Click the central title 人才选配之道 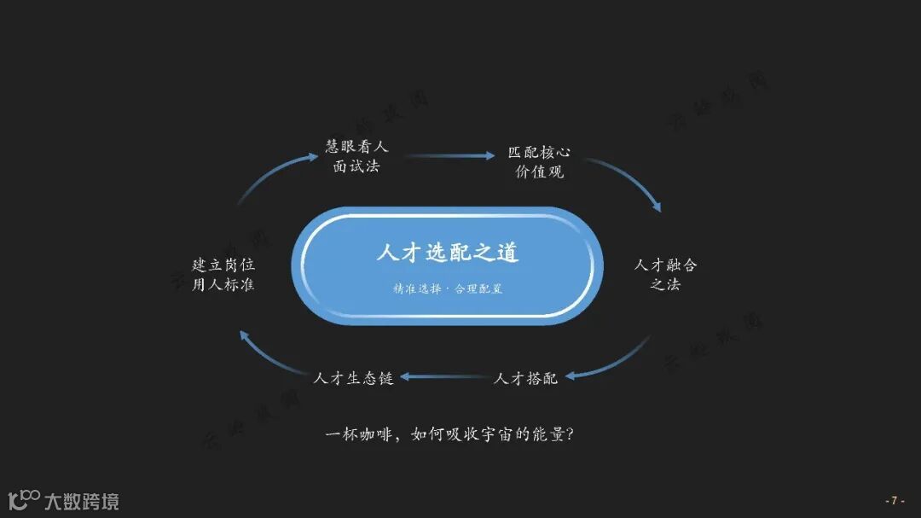[x=448, y=253]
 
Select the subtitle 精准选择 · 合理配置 [x=448, y=289]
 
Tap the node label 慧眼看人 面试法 [x=356, y=156]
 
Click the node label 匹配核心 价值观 [x=539, y=162]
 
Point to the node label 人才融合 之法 [x=665, y=274]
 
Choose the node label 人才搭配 [x=525, y=377]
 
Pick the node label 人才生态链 [x=353, y=377]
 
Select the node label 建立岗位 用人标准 [x=223, y=274]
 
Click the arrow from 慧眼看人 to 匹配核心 [x=449, y=155]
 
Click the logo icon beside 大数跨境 [x=24, y=499]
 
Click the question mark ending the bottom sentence [x=569, y=434]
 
